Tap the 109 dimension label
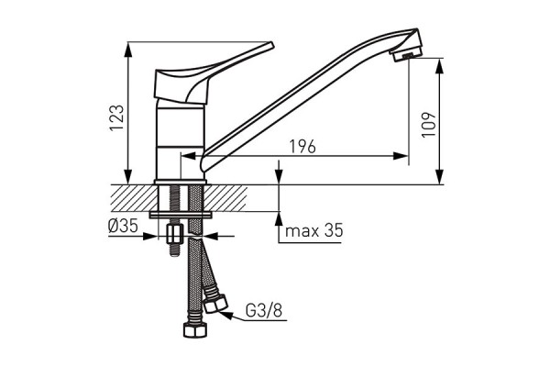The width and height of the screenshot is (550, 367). [430, 124]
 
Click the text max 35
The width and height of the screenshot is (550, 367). [313, 231]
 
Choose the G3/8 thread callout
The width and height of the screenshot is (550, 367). [266, 312]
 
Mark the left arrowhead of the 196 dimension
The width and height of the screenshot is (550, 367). [187, 156]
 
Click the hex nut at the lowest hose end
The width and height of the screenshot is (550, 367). [194, 330]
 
